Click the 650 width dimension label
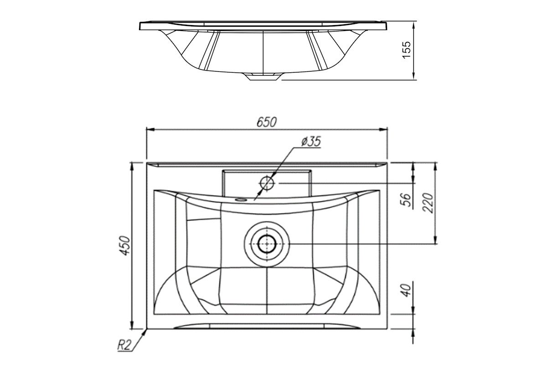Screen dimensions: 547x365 (267, 122)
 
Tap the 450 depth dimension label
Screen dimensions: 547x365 (126, 246)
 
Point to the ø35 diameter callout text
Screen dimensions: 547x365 (311, 141)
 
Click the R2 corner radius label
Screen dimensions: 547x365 (124, 345)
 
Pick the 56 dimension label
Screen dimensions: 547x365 (406, 200)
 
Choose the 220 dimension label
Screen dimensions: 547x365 (428, 203)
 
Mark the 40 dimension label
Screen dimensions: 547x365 (406, 290)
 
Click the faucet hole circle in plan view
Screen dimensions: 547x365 (267, 183)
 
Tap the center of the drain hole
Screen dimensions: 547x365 (267, 244)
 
